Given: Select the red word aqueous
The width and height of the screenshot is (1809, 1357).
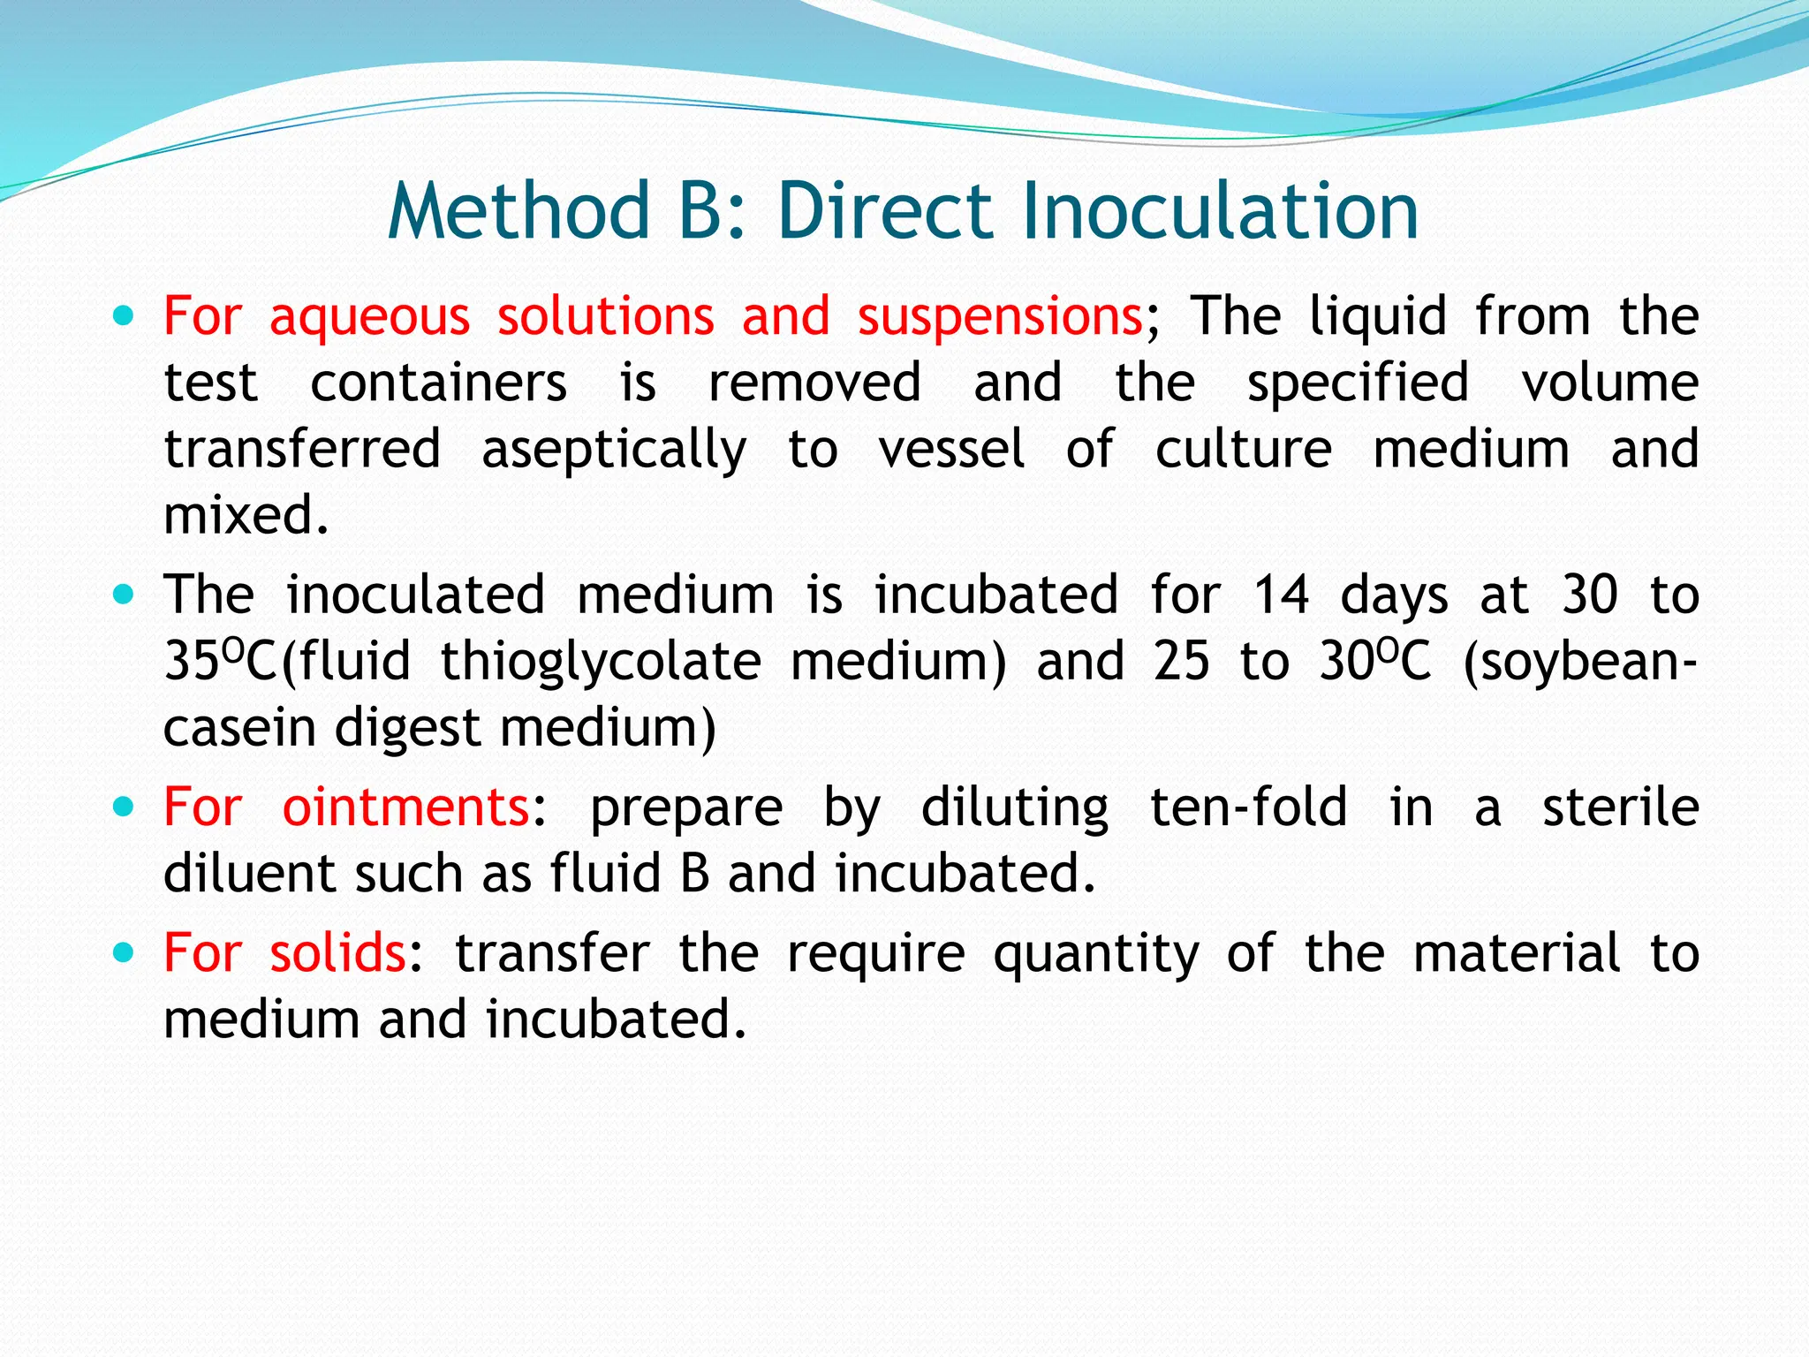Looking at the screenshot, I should point(369,316).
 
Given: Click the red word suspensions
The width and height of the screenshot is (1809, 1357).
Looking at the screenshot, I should point(1000,316).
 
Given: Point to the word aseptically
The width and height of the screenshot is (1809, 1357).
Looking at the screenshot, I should point(614,450).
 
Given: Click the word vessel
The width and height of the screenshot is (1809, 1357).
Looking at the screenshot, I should point(951,448).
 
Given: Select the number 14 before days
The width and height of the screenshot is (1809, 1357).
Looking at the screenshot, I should point(1282,594).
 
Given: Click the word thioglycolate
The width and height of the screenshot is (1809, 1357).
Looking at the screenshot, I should point(601,661).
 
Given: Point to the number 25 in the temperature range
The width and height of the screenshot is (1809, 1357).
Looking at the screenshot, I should point(1181,661).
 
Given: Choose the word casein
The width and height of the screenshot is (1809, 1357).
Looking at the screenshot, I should point(239,727).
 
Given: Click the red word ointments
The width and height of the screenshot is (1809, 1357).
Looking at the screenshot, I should point(405,807).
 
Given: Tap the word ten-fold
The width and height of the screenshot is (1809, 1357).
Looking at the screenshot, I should point(1249,807).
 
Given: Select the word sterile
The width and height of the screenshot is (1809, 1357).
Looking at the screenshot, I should point(1620,807).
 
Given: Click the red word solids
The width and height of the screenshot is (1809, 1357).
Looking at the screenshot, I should point(337,952).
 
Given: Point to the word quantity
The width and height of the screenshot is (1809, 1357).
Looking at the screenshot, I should point(1096,954).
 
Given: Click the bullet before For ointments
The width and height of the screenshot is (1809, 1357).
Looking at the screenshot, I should point(125,807).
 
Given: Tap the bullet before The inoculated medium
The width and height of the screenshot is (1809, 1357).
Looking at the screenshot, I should point(125,595).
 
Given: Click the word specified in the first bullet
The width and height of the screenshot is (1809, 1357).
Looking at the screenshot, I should point(1358,383).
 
